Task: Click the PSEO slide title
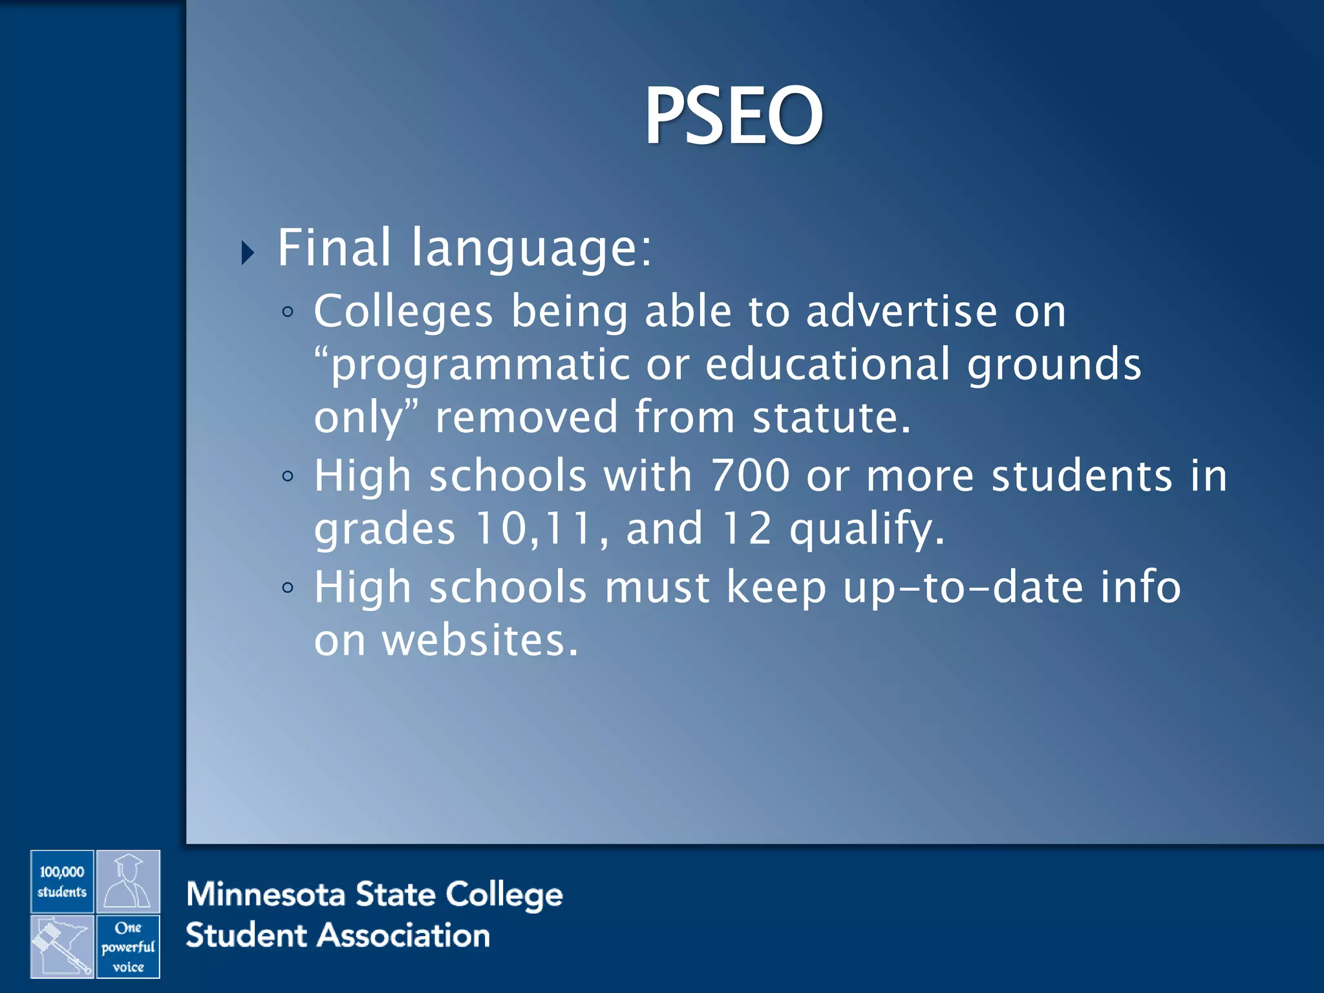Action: pos(733,116)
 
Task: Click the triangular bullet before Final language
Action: pos(248,253)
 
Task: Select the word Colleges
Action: pos(403,312)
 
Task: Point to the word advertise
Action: pos(902,312)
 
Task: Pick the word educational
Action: pos(827,364)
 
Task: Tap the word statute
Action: pos(831,417)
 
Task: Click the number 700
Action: pos(750,476)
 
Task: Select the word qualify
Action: pos(867,529)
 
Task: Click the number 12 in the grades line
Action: pos(747,528)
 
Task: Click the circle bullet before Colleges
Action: pos(288,313)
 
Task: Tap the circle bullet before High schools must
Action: pos(288,588)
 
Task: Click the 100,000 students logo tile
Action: pos(62,881)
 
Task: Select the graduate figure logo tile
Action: pos(128,881)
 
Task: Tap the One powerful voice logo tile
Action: pos(128,946)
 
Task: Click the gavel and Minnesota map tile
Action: pos(62,946)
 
